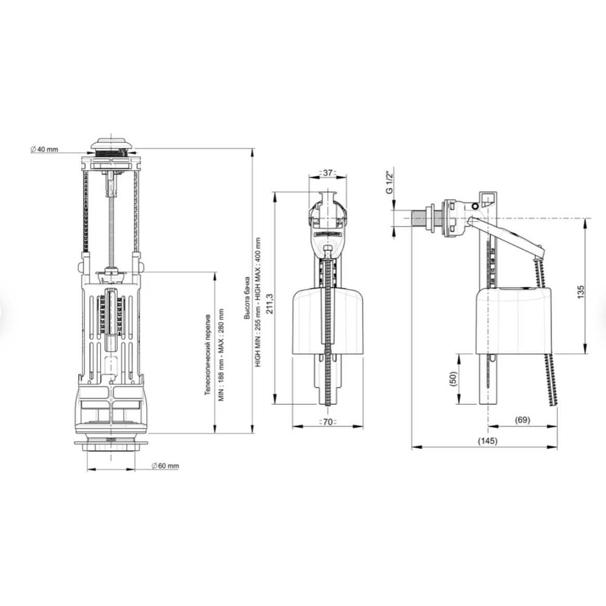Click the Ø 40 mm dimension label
coord(44,149)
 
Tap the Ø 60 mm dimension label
coord(165,465)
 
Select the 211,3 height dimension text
coord(270,304)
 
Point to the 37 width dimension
coord(328,172)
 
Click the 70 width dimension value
coord(327,422)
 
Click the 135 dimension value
coord(581,292)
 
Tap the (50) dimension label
coord(453,378)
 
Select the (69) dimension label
coord(522,420)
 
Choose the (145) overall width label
coord(488,441)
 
